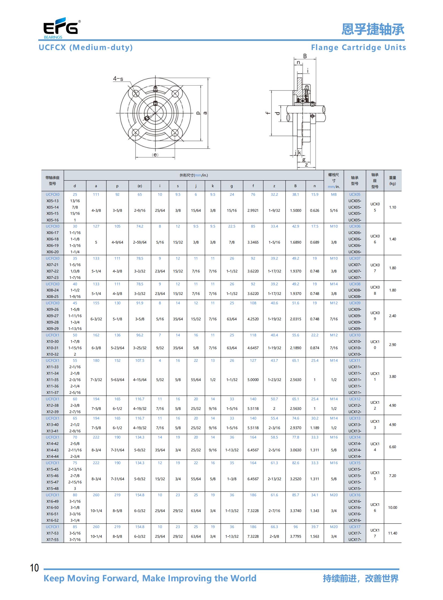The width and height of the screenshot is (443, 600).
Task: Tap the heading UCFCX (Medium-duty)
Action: pos(86,47)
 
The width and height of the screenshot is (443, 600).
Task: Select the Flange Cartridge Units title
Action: pos(359,47)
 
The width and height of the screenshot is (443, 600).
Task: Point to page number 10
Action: pos(34,568)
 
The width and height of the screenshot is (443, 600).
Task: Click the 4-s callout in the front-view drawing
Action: pos(118,79)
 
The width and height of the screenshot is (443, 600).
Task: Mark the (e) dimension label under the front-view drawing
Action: pos(155,155)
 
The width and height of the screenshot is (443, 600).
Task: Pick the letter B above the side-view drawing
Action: pos(305,56)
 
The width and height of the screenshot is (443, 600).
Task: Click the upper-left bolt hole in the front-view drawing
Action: pos(136,93)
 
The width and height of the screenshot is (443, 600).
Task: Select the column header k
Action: pos(213,186)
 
